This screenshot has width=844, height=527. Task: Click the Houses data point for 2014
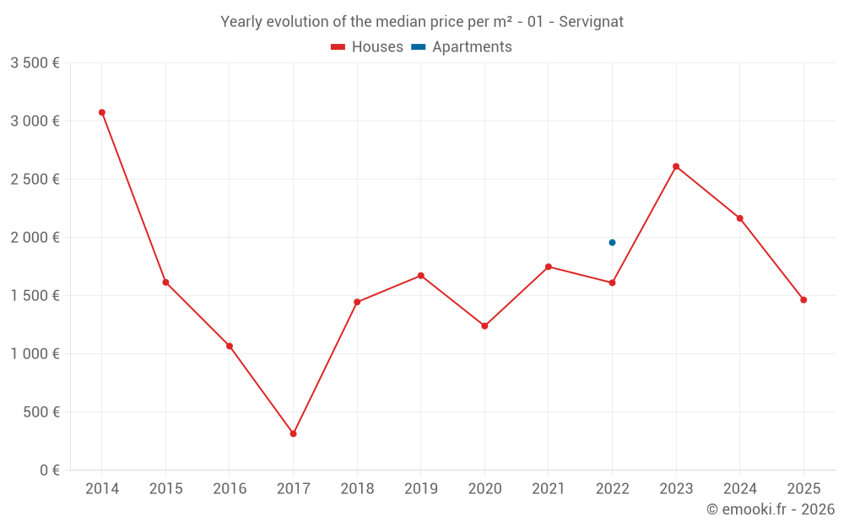(102, 112)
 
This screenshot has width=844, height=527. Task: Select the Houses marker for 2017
(293, 433)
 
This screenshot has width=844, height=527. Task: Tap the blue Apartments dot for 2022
(612, 243)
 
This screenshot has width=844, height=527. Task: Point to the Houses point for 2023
(676, 166)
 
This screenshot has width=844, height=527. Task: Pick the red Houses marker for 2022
(612, 282)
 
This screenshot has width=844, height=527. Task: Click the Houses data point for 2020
(484, 325)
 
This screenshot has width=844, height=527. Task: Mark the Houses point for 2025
(803, 300)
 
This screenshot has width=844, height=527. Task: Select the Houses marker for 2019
(420, 276)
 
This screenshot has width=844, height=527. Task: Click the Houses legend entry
(367, 47)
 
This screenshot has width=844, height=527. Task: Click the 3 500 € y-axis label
(35, 62)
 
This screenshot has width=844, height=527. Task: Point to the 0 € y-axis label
(47, 470)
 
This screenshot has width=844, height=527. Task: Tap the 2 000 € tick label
(35, 237)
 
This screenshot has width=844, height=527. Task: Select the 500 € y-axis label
(41, 411)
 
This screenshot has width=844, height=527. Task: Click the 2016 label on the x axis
(230, 489)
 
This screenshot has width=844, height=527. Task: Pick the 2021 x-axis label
(549, 489)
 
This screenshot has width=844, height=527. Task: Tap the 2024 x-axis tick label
(740, 489)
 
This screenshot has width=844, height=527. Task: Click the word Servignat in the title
(591, 22)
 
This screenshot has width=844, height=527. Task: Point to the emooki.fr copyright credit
(771, 509)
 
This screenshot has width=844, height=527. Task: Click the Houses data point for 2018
(357, 302)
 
